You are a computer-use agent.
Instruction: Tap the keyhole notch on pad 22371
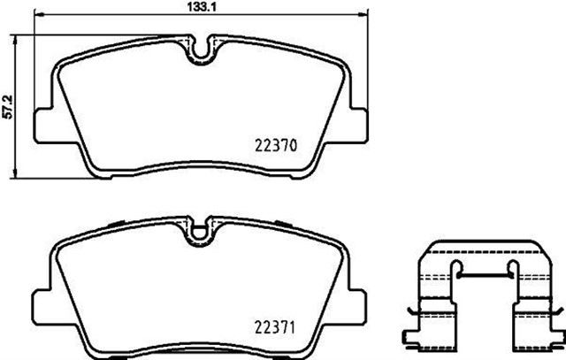[203, 232]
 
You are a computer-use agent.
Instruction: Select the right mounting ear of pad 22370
[359, 125]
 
